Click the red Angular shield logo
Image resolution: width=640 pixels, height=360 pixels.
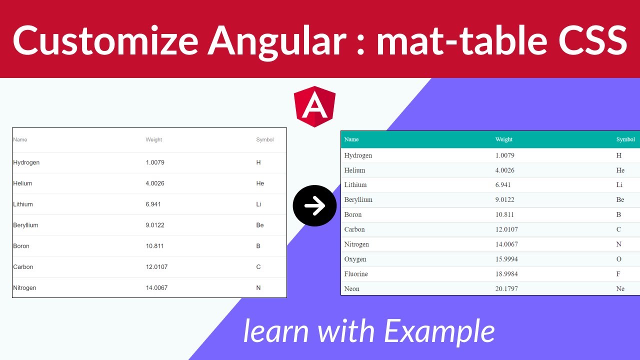pyautogui.click(x=314, y=106)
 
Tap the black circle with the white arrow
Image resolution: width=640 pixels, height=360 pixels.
pyautogui.click(x=314, y=205)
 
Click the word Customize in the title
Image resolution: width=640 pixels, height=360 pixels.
pyautogui.click(x=103, y=39)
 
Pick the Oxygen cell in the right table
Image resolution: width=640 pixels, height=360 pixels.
pyautogui.click(x=355, y=259)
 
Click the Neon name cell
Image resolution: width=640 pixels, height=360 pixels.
pyautogui.click(x=351, y=289)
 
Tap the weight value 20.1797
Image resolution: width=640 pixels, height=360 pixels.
pyautogui.click(x=506, y=289)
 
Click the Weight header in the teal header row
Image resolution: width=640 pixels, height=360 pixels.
pyautogui.click(x=503, y=139)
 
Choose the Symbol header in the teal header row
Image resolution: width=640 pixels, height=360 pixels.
pyautogui.click(x=625, y=139)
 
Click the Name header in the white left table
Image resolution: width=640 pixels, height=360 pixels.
pyautogui.click(x=20, y=140)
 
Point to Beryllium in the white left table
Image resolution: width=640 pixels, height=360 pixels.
pyautogui.click(x=25, y=225)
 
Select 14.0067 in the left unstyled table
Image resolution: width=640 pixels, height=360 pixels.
pyautogui.click(x=156, y=288)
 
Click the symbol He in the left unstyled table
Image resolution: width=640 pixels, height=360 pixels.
pyautogui.click(x=260, y=183)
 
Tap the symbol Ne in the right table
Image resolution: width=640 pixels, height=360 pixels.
pyautogui.click(x=620, y=289)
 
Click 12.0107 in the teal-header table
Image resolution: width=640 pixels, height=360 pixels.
pyautogui.click(x=506, y=229)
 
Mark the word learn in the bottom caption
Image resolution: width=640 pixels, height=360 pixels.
pyautogui.click(x=276, y=331)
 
